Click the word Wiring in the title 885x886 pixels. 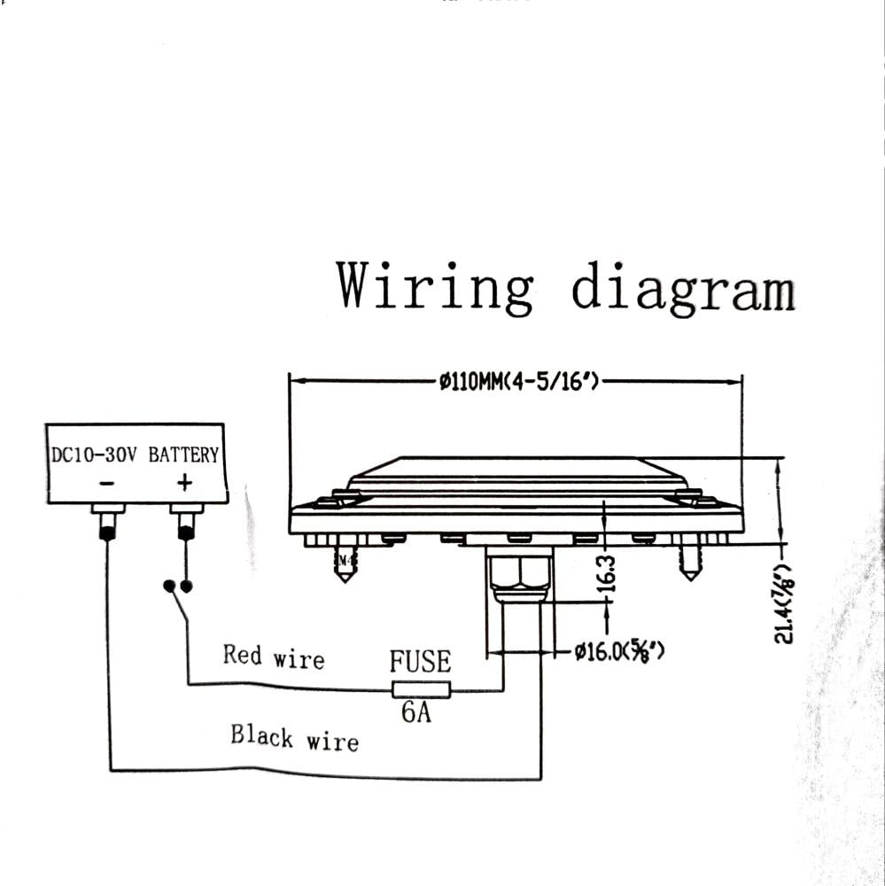pyautogui.click(x=435, y=286)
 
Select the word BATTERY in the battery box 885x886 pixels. pyautogui.click(x=183, y=455)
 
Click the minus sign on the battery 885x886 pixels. pyautogui.click(x=107, y=483)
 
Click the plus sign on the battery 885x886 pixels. pyautogui.click(x=184, y=483)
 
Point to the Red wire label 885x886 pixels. pyautogui.click(x=274, y=657)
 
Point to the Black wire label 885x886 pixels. pyautogui.click(x=294, y=737)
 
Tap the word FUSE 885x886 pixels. pyautogui.click(x=420, y=662)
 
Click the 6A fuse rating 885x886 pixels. pyautogui.click(x=416, y=712)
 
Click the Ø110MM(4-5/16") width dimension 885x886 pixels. pyautogui.click(x=519, y=382)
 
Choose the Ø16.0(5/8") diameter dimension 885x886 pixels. pyautogui.click(x=619, y=653)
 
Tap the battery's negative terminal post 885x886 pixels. pyautogui.click(x=107, y=524)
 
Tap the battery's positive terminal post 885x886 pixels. pyautogui.click(x=186, y=524)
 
